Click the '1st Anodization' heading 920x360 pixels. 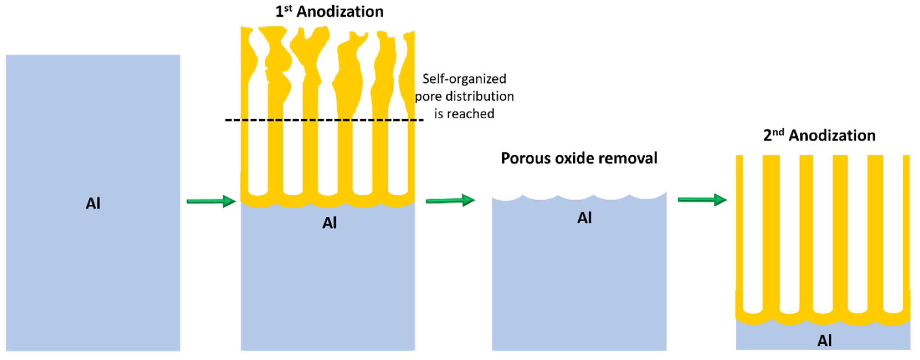(329, 12)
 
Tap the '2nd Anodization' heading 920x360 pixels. (819, 136)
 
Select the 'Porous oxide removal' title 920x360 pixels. (579, 158)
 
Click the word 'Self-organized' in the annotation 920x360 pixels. (464, 79)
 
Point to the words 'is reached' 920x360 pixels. (464, 114)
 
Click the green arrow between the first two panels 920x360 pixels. (211, 201)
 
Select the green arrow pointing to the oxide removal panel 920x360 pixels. (450, 200)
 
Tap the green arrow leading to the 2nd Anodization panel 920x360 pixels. (702, 200)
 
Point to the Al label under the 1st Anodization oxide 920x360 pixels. (329, 223)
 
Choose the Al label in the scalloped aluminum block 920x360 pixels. (584, 218)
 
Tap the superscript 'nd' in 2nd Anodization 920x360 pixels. (778, 132)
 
